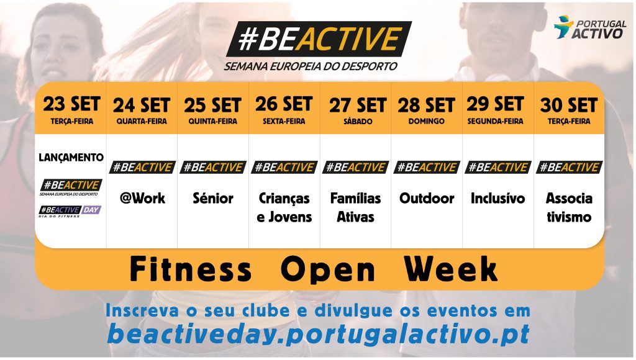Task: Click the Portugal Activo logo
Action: point(589,27)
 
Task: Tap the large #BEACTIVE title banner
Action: point(319,39)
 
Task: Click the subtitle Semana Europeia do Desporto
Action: point(311,66)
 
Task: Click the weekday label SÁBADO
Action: point(358,121)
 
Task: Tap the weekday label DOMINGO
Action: point(426,121)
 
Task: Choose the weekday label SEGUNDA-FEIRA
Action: point(495,121)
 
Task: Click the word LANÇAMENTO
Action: point(71,157)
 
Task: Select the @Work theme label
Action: point(142,198)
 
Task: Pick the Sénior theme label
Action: point(213,198)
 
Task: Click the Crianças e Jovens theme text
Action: point(284,207)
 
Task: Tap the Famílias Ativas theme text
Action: point(355,207)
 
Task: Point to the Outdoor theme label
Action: point(427,198)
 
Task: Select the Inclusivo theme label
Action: point(497,198)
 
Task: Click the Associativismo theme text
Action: point(569,207)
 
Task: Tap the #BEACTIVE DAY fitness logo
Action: point(70,211)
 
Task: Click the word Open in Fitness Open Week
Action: point(328,269)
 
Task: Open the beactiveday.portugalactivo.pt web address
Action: point(319,334)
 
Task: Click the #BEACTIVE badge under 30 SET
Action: point(569,167)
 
